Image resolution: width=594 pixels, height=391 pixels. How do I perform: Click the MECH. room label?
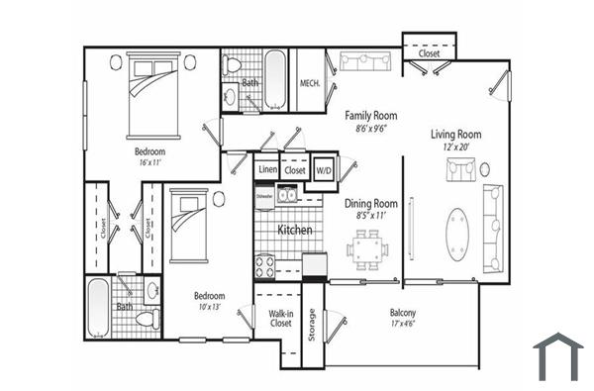pos(309,83)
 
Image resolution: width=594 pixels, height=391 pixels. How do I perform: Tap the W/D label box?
pos(324,169)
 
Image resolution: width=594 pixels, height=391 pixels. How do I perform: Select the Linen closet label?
pos(267,170)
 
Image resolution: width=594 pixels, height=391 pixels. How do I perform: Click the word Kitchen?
pos(295,230)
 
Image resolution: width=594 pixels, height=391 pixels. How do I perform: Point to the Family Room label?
pos(371,115)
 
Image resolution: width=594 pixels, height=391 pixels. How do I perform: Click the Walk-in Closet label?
pos(280,318)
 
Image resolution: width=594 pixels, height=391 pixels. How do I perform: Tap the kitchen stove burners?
pos(266,265)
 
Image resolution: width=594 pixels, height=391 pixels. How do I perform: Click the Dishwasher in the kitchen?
pos(264,195)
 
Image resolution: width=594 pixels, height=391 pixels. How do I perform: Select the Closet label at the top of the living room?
pos(429,53)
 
